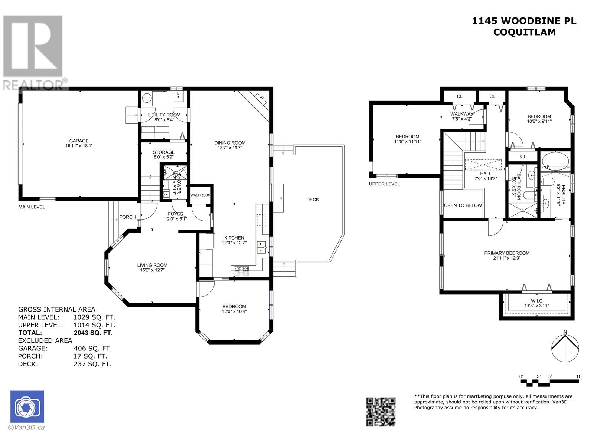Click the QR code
(381, 412)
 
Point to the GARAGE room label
(79, 141)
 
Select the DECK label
(313, 200)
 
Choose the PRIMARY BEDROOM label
(507, 253)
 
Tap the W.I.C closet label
(536, 301)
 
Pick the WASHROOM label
(200, 195)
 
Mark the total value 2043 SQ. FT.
(93, 333)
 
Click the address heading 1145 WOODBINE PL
(524, 21)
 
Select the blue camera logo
(27, 407)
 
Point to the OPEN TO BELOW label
(463, 205)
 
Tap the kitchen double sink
(261, 247)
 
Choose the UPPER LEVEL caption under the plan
(384, 184)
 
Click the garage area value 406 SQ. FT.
(93, 349)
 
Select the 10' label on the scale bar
(579, 377)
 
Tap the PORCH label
(127, 217)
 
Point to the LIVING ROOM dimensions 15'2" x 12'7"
(152, 270)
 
